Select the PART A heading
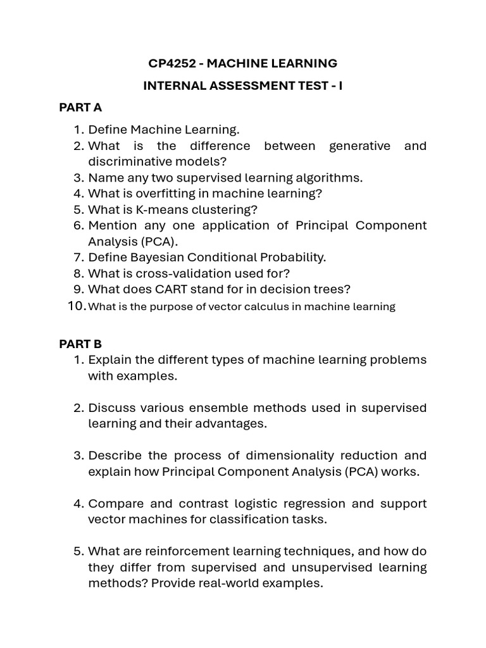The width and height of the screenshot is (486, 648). coord(80,107)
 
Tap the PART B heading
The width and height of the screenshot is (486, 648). coord(80,344)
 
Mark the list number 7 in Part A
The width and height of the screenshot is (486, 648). coord(79,258)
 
